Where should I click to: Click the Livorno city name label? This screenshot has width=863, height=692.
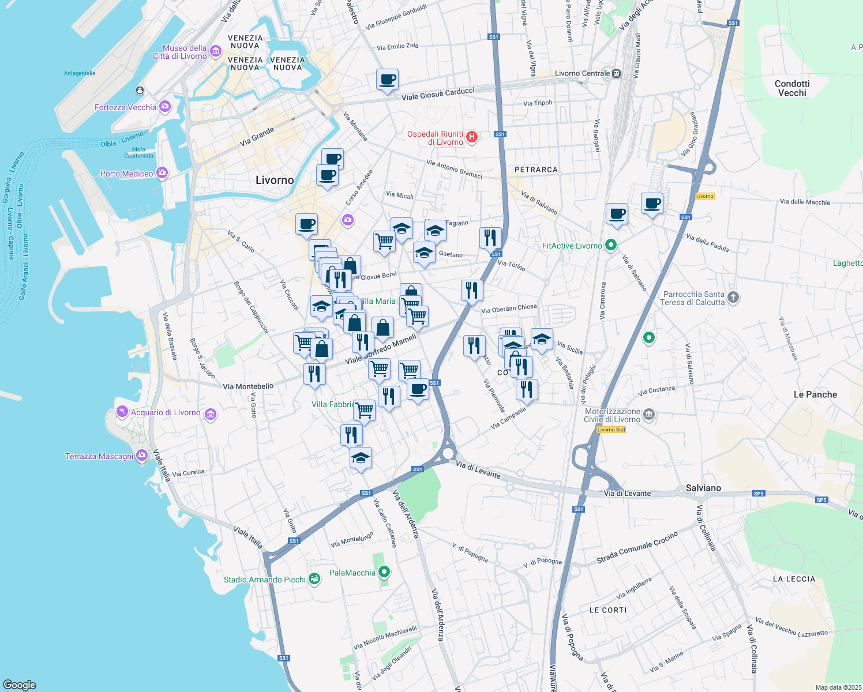(275, 180)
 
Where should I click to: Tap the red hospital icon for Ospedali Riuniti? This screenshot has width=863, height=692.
(472, 137)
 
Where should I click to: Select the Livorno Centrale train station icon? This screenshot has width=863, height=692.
(617, 73)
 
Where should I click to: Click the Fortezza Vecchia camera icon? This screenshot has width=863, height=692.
(165, 107)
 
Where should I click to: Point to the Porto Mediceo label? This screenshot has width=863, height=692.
(127, 174)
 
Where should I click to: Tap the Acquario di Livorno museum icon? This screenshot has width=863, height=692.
(211, 415)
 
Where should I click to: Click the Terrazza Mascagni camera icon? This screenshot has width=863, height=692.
(142, 456)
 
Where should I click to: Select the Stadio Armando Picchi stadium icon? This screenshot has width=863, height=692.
(314, 579)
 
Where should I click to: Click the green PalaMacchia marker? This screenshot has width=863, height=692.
(384, 572)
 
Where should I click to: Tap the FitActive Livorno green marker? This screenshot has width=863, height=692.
(611, 246)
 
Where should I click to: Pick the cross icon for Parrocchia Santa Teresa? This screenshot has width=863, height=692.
(733, 298)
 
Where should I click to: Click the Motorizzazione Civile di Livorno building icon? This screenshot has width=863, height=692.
(649, 415)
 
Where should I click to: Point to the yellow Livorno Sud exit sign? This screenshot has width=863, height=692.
(611, 430)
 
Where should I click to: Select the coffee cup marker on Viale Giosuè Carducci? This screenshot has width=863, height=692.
(387, 80)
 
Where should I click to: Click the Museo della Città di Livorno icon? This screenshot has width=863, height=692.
(216, 52)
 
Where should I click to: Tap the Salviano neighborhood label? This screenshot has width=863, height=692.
(703, 488)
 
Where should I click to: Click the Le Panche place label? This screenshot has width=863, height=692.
(815, 394)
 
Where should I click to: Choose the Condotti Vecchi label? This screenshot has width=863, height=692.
(792, 88)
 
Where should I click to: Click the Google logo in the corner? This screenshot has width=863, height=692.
(20, 685)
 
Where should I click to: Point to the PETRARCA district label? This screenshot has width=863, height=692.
(536, 170)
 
